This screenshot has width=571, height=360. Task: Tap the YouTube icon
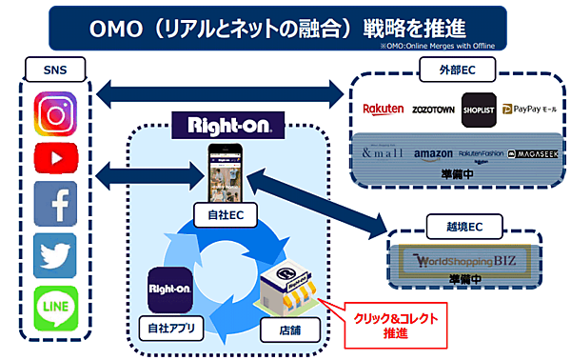[55, 158]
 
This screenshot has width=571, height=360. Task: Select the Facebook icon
[55, 204]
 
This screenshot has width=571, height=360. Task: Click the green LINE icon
[55, 306]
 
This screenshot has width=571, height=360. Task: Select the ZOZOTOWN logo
[433, 110]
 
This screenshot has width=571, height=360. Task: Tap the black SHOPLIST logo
[479, 109]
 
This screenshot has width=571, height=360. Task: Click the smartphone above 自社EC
[228, 171]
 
